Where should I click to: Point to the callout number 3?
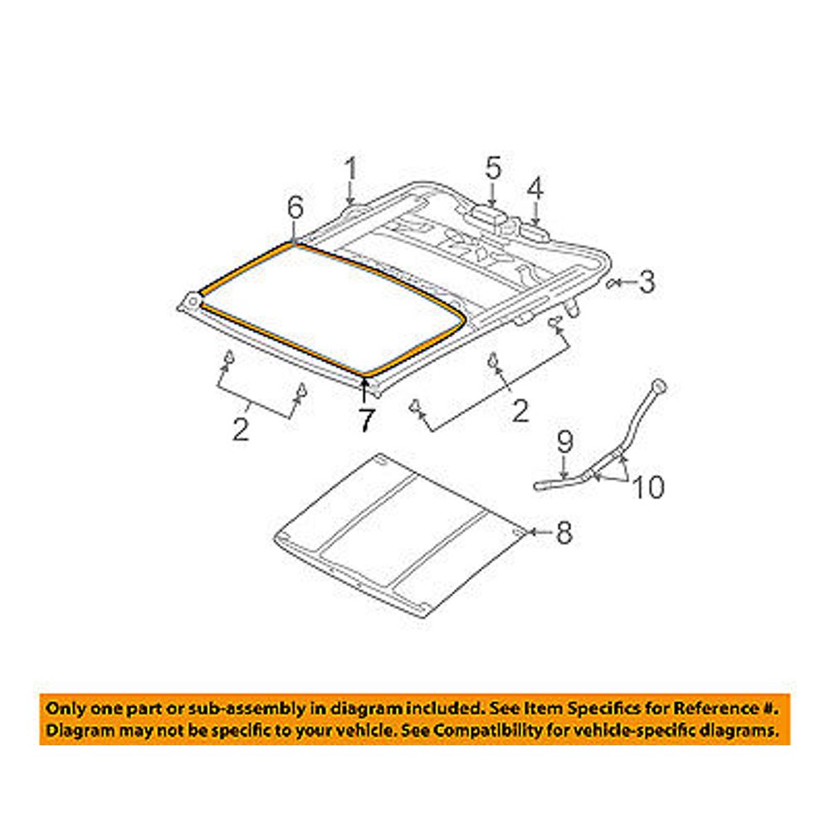point(647,282)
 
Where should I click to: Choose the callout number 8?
point(564,534)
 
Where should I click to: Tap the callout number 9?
point(564,439)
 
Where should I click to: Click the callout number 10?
point(649,488)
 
